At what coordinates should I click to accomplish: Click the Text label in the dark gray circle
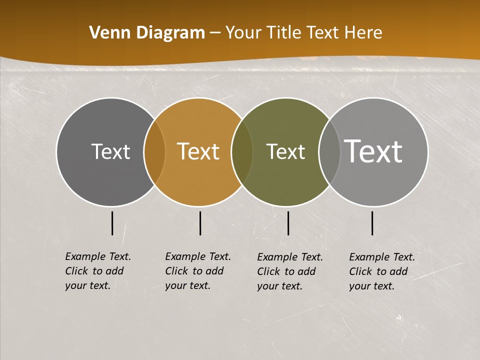point(110,151)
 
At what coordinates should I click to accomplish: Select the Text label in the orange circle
point(198,151)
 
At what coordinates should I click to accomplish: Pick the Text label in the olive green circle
point(285,151)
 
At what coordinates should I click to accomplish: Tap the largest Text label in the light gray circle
point(373,151)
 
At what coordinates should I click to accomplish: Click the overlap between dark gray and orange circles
point(154,151)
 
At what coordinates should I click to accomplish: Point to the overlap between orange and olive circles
point(242,151)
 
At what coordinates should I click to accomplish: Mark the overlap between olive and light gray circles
point(329,151)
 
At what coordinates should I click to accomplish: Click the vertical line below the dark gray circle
point(112,223)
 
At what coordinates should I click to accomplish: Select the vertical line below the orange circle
point(200,223)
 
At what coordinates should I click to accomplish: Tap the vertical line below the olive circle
point(288,223)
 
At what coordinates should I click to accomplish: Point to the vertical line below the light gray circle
point(372,223)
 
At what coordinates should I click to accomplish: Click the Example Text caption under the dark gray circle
point(97,271)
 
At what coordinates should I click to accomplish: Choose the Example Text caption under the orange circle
point(197,271)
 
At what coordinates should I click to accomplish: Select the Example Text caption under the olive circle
point(289,271)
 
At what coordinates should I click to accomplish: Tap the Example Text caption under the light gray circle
point(381,271)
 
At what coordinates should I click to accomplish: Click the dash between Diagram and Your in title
point(215,33)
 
